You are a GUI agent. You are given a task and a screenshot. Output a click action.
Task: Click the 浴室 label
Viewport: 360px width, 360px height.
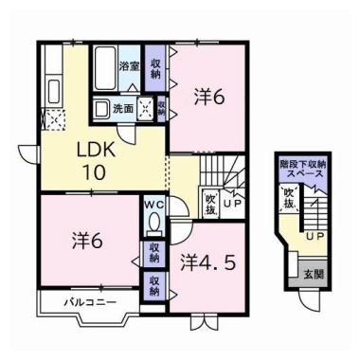tap(130, 67)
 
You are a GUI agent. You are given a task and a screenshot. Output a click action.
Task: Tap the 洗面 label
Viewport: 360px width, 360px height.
tap(122, 109)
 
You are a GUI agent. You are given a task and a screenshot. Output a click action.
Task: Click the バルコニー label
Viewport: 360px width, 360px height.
tap(90, 303)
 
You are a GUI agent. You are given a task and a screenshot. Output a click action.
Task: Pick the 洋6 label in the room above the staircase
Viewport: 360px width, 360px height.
tap(209, 95)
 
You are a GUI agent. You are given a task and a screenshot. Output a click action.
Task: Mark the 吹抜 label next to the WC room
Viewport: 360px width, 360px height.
tap(209, 202)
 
